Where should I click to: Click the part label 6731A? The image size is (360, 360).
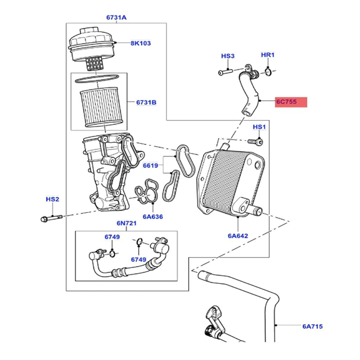[x=116, y=17]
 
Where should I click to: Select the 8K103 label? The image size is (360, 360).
[x=140, y=43]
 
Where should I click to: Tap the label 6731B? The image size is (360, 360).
[x=146, y=103]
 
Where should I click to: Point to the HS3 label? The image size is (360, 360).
[x=227, y=56]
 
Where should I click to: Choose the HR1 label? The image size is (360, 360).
[x=268, y=55]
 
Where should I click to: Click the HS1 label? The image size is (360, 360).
[x=259, y=127]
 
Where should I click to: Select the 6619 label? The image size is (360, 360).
[x=150, y=165]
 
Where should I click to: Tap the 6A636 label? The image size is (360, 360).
[x=153, y=217]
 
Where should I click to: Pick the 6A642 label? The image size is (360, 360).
[x=238, y=236]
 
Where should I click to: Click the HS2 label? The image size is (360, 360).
[x=52, y=199]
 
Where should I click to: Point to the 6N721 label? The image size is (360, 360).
[x=126, y=224]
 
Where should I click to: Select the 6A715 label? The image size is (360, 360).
[x=312, y=327]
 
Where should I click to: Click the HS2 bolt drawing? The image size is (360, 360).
[x=51, y=218]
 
